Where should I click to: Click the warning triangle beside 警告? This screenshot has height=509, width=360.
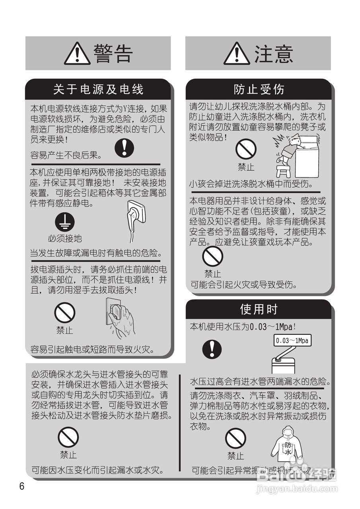(77, 54)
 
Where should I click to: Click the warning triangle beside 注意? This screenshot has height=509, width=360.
(237, 54)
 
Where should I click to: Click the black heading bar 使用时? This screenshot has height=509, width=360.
(259, 309)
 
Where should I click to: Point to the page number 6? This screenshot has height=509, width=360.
(21, 486)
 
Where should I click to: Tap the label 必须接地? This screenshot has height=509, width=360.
(65, 238)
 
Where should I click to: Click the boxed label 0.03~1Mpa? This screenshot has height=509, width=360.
(292, 341)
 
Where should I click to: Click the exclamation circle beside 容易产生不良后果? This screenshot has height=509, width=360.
(124, 148)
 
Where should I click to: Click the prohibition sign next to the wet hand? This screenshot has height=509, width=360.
(64, 313)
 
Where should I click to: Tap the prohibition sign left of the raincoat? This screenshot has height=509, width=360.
(235, 438)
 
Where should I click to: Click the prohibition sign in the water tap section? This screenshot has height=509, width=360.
(68, 438)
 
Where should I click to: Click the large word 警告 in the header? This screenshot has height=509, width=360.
(113, 54)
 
